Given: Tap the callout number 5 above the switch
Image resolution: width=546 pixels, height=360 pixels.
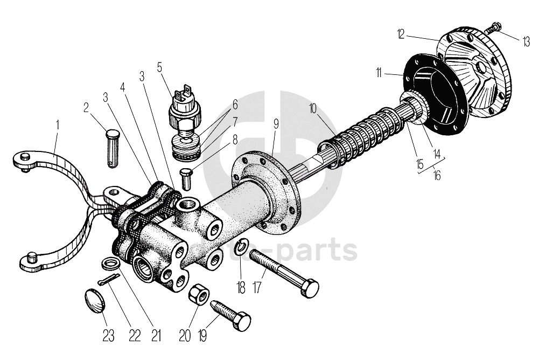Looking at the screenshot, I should pos(160,67).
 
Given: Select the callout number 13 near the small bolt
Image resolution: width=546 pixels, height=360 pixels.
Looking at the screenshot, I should pos(526,41).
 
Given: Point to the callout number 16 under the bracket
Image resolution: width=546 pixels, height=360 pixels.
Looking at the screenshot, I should pos(436,176).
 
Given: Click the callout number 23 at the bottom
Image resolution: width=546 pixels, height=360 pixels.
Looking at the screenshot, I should pos(109,336).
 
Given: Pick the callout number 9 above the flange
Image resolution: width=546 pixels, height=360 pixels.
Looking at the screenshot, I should pos(276,123).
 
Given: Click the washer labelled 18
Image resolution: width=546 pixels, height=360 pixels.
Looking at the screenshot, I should pos(242,247).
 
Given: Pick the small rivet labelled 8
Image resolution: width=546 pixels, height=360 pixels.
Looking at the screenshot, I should pos(186,178).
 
